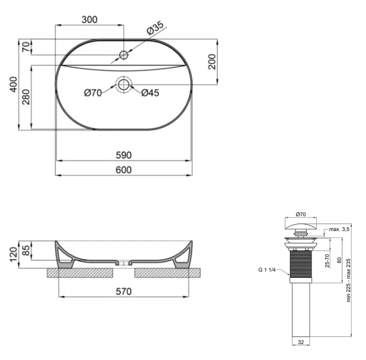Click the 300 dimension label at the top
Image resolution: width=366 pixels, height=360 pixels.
point(89,20)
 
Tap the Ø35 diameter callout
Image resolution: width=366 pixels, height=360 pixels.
point(155,28)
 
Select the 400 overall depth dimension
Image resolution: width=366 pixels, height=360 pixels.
point(13,84)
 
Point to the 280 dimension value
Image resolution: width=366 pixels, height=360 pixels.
point(26,97)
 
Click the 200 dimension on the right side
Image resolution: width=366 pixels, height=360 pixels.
point(212,62)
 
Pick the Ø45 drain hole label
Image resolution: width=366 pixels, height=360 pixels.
point(150,93)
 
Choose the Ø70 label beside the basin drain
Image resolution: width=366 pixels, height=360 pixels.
point(93,93)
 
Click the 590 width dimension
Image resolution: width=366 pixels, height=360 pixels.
point(124,155)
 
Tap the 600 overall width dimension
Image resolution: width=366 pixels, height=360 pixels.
point(124,170)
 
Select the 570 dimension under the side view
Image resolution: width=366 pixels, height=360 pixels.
point(124,292)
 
